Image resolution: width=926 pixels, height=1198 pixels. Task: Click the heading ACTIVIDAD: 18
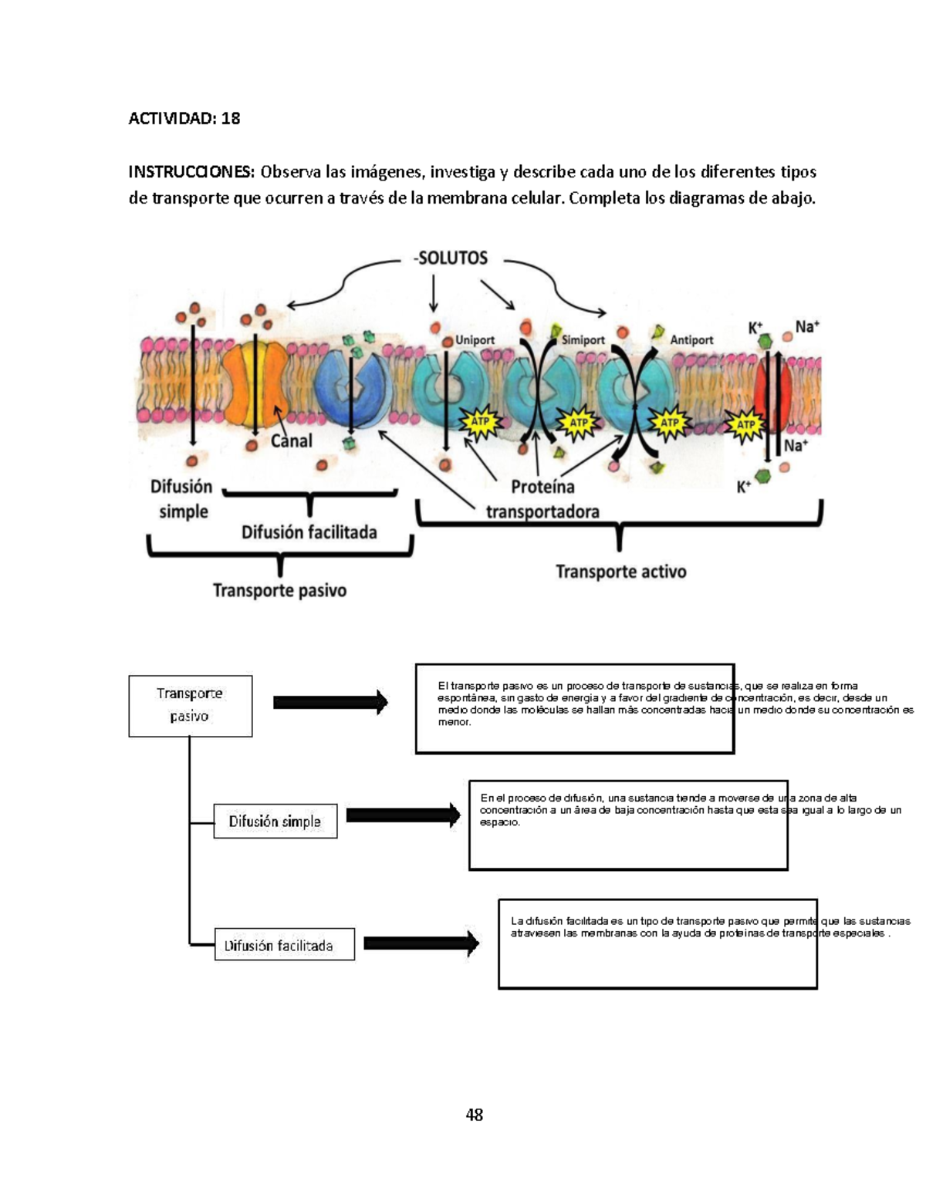pos(184,118)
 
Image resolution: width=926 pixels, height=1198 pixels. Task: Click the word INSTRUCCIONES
pos(191,171)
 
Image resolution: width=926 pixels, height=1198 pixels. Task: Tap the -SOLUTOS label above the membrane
pos(451,258)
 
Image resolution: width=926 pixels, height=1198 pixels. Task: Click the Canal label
pos(291,440)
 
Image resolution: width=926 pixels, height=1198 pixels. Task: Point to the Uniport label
pos(475,339)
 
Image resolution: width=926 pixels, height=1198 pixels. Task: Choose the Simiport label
pos(583,339)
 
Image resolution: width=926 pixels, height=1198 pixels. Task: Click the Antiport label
pos(691,339)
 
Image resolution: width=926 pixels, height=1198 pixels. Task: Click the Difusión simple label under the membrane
pos(182,498)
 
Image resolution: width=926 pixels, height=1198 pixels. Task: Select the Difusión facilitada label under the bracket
pos(309,532)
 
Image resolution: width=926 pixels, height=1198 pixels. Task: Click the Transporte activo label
pos(621,572)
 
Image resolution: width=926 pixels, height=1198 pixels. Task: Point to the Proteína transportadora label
pos(542,498)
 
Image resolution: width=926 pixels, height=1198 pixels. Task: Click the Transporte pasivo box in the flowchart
pos(190,705)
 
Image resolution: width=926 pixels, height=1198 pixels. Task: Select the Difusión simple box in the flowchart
pos(275,822)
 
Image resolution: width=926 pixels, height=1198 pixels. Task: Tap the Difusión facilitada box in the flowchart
pos(284,944)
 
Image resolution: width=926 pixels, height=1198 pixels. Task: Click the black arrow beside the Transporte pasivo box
pos(330,702)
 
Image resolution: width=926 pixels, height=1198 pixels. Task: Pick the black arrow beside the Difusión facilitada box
pos(421,943)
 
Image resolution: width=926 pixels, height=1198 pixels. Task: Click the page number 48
pos(474,1114)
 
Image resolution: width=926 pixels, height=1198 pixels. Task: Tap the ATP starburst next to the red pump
pos(745,424)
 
